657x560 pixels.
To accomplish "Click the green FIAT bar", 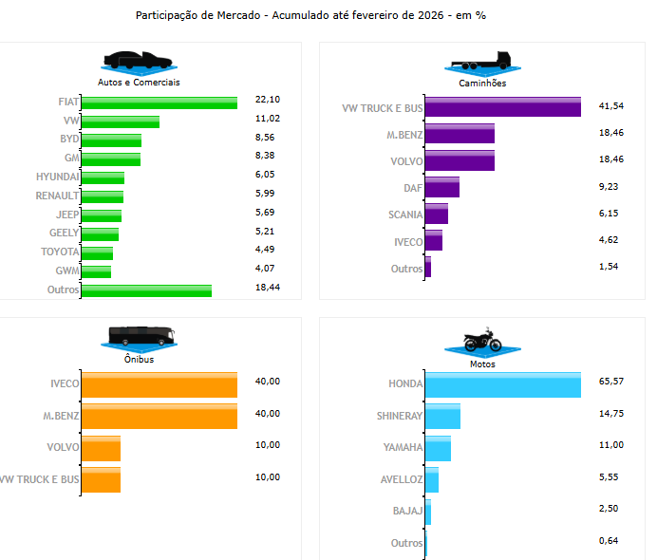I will (x=159, y=103).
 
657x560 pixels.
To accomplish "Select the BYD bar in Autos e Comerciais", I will (x=111, y=140).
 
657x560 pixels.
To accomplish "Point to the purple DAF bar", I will (x=441, y=188).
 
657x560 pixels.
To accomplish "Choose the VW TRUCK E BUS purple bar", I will (x=502, y=107).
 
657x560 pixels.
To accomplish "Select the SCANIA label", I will (x=405, y=215).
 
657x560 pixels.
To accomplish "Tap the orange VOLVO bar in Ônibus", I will (x=102, y=448).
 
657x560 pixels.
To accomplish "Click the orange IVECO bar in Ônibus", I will (x=159, y=384).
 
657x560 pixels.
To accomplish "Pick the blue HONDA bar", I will (x=502, y=384).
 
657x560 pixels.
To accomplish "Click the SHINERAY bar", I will (x=442, y=416).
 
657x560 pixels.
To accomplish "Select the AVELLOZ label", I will (x=402, y=480).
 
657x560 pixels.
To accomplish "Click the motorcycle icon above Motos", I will (x=482, y=341).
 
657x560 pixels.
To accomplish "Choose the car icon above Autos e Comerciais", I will (x=140, y=62).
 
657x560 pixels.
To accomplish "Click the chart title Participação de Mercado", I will (x=317, y=16).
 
